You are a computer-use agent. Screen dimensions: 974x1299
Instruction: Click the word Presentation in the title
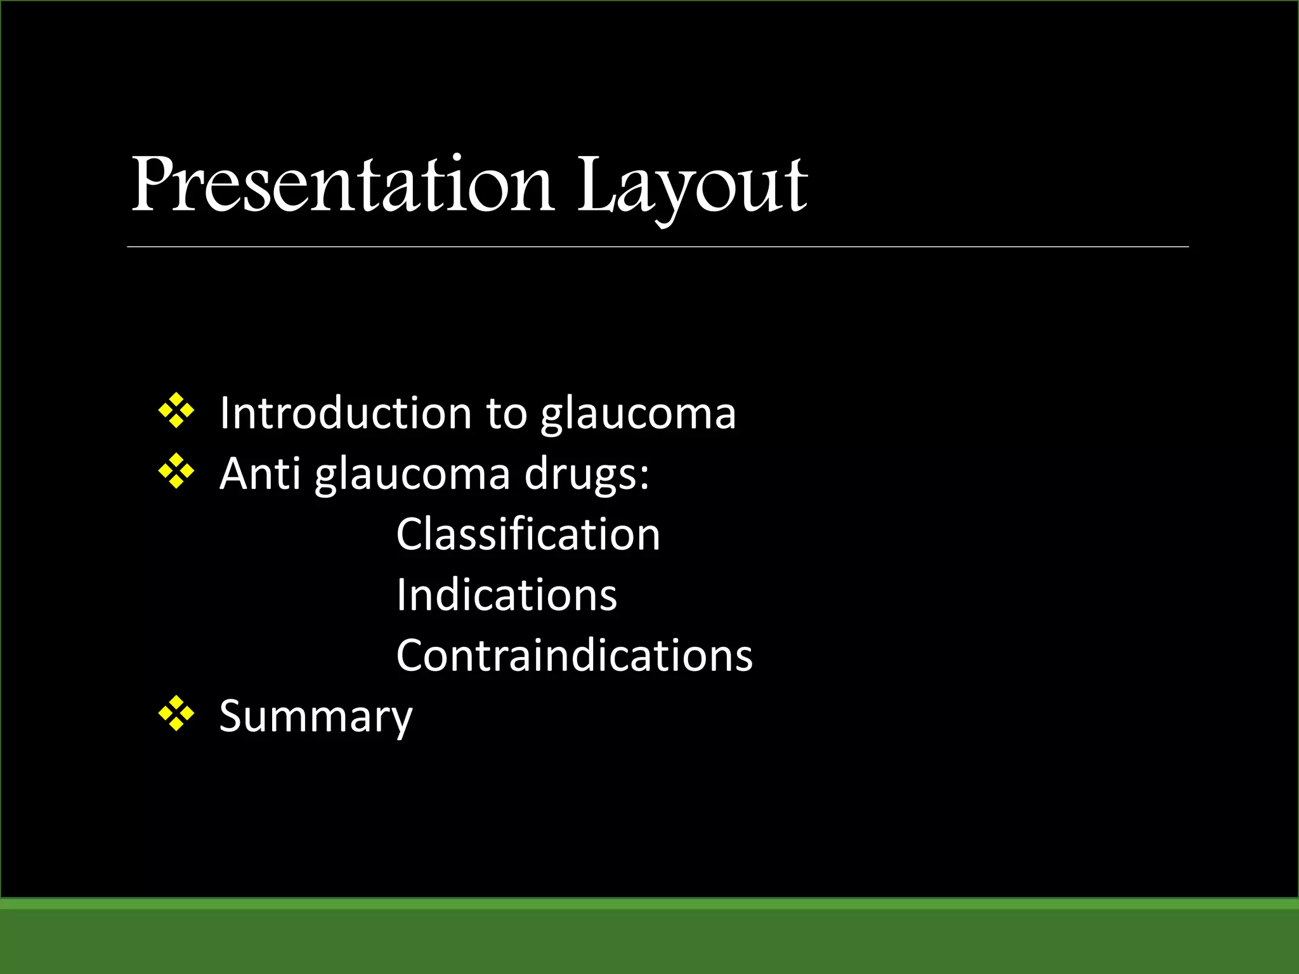pyautogui.click(x=343, y=185)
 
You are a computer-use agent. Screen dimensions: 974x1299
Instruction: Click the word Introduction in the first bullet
pyautogui.click(x=346, y=413)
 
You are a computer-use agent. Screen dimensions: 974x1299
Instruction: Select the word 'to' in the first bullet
pyautogui.click(x=506, y=413)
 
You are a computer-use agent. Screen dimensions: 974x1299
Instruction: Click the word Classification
pyautogui.click(x=528, y=534)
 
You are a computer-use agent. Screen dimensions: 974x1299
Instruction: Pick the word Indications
pyautogui.click(x=506, y=595)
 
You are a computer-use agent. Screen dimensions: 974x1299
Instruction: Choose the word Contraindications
pyautogui.click(x=574, y=655)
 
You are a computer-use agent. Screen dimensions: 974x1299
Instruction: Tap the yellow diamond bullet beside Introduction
pyautogui.click(x=176, y=411)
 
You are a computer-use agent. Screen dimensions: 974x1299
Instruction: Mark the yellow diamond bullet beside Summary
pyautogui.click(x=176, y=714)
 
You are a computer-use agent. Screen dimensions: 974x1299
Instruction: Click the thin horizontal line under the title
pyautogui.click(x=657, y=247)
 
